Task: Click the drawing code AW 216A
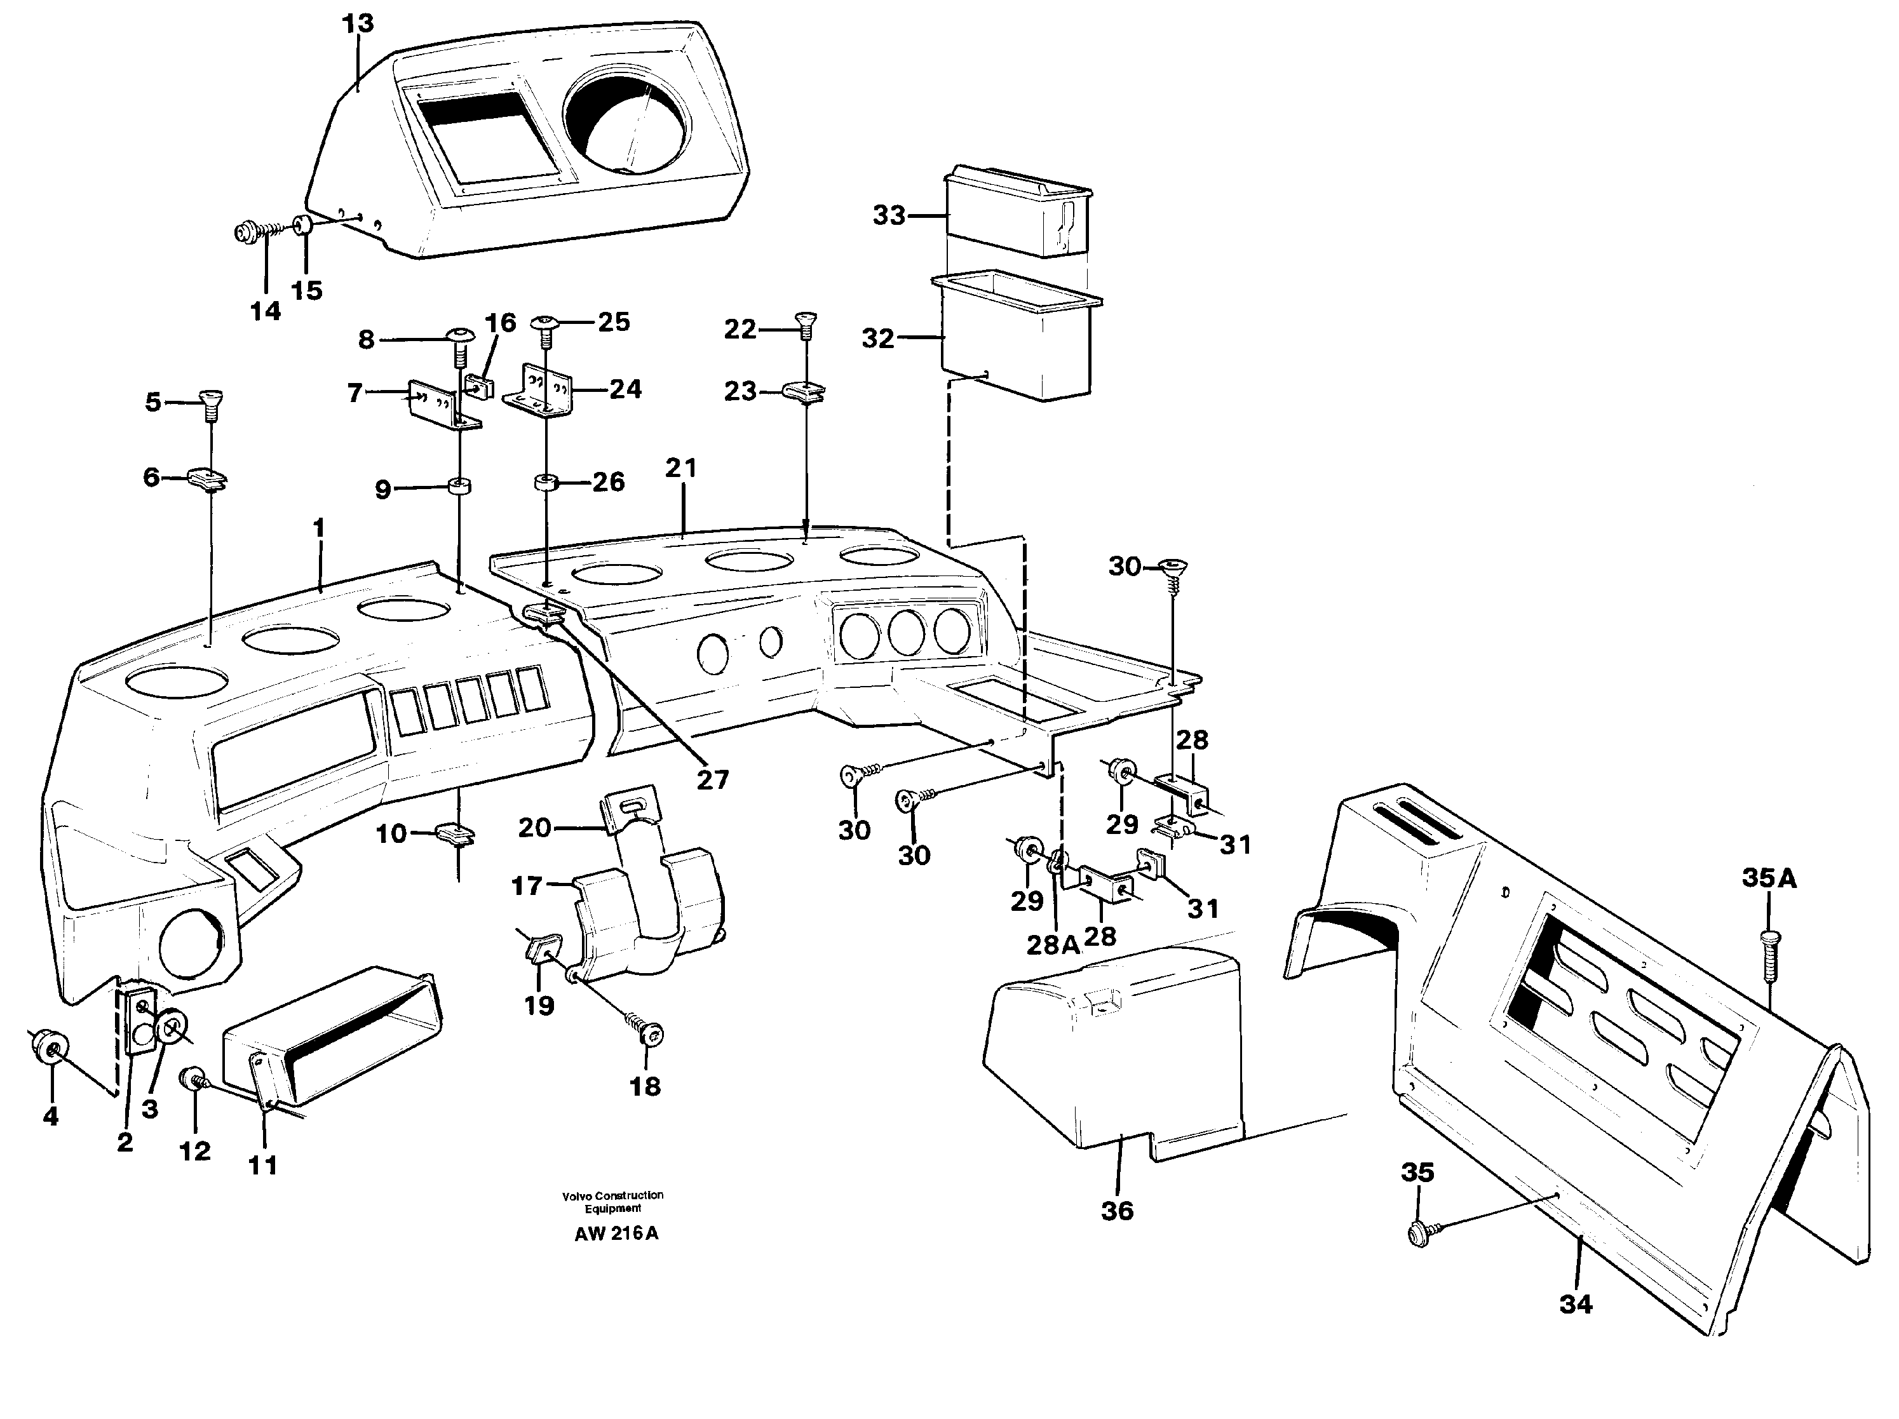pyautogui.click(x=616, y=1234)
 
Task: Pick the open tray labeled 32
pyautogui.click(x=1017, y=339)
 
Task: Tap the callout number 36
pyautogui.click(x=1117, y=1211)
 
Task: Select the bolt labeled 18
pyautogui.click(x=650, y=1035)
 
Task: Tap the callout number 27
pyautogui.click(x=712, y=779)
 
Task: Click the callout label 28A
pyautogui.click(x=1053, y=945)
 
